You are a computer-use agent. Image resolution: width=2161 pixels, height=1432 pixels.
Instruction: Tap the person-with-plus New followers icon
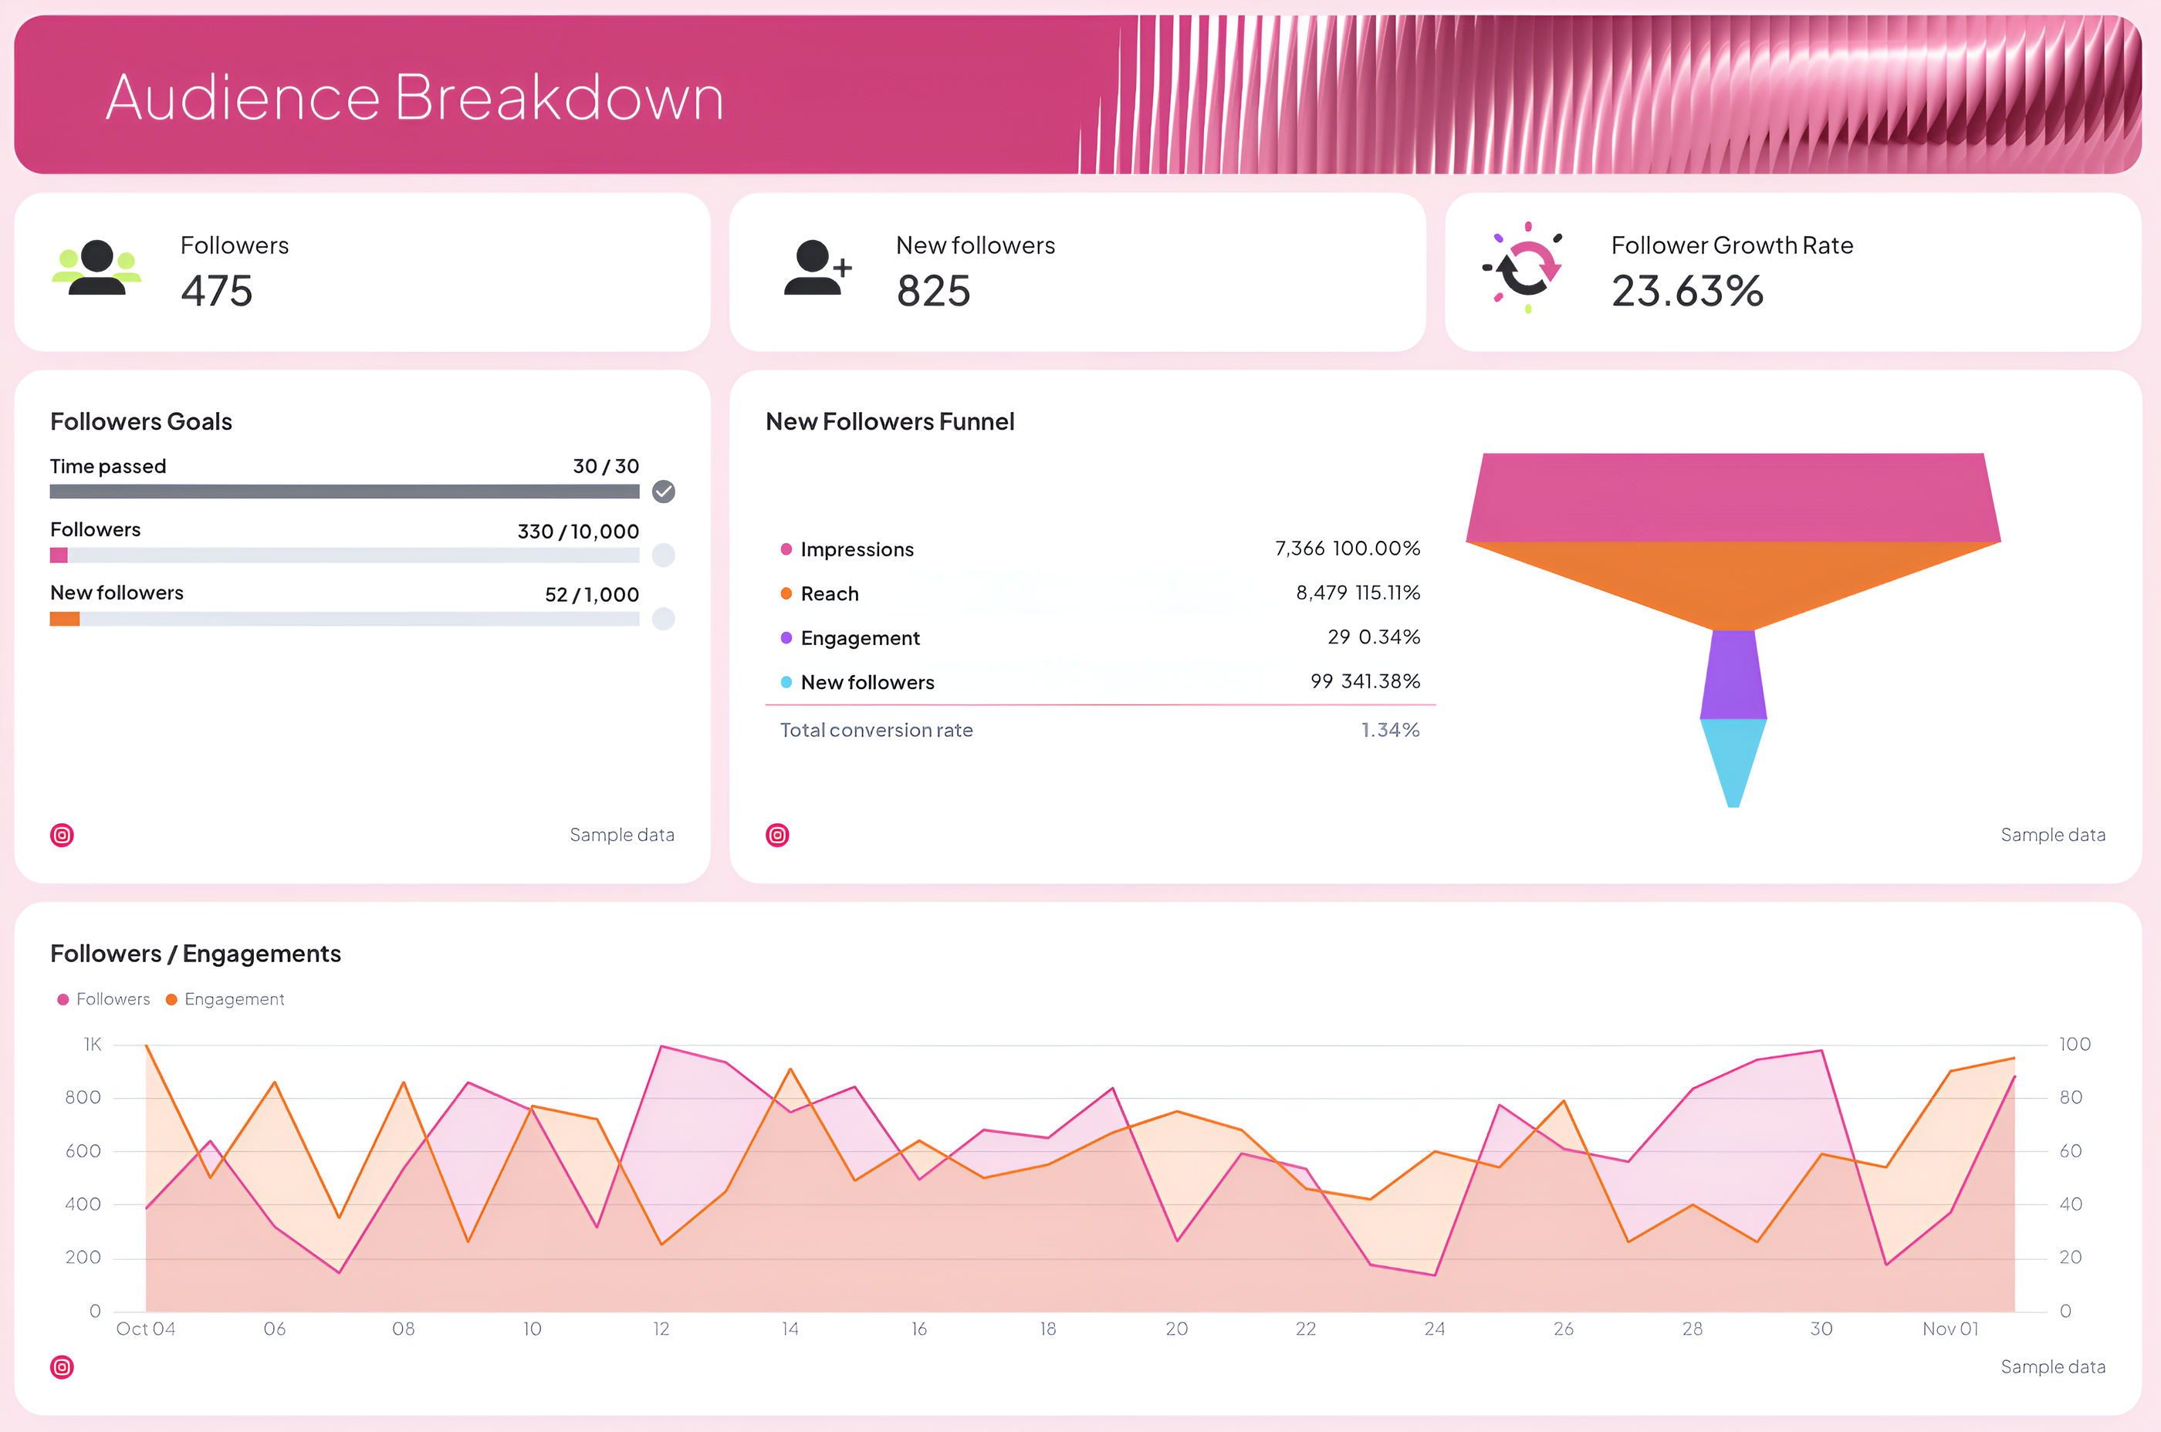[817, 268]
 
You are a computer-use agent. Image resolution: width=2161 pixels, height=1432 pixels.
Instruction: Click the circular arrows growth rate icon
[1524, 268]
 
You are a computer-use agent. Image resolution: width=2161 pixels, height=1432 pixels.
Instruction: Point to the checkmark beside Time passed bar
[663, 491]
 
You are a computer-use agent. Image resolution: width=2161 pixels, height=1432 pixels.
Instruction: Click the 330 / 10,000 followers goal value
[577, 532]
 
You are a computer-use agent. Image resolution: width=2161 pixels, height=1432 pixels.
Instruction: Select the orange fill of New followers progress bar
[65, 620]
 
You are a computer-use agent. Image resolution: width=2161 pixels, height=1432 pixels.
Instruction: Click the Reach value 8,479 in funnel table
[1321, 593]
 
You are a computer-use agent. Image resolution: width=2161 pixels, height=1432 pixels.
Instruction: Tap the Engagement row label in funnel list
[860, 637]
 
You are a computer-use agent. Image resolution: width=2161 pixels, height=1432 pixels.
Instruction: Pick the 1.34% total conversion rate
[1389, 730]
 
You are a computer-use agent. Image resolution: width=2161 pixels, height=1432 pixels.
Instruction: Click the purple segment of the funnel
[1733, 674]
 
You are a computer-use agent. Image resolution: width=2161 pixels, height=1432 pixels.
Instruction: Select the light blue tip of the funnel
[1733, 758]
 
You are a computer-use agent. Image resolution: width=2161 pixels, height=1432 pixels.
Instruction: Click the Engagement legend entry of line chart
[233, 999]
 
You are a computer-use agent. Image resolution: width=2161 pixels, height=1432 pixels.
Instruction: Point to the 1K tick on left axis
[93, 1044]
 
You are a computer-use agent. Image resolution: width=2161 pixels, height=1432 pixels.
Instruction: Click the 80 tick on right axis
[2070, 1098]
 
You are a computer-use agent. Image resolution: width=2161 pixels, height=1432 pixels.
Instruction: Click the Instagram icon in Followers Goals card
[62, 835]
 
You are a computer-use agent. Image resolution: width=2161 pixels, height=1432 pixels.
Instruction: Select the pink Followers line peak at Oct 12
[661, 1046]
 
